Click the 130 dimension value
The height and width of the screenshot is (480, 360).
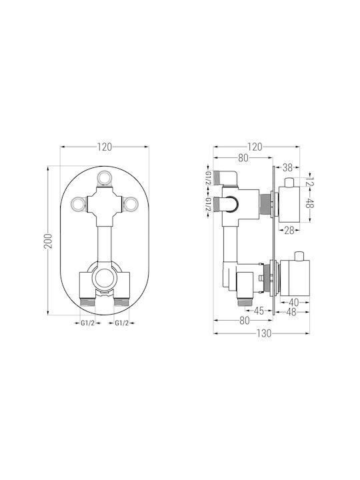click(264, 333)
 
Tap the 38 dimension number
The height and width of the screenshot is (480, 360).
click(287, 167)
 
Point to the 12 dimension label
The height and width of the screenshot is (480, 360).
click(311, 181)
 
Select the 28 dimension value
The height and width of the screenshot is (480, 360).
click(289, 230)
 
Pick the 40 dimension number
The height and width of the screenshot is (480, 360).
click(293, 303)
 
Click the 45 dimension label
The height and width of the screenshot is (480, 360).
click(259, 311)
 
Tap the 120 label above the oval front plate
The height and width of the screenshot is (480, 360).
click(105, 147)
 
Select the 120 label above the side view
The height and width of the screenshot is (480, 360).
click(255, 147)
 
